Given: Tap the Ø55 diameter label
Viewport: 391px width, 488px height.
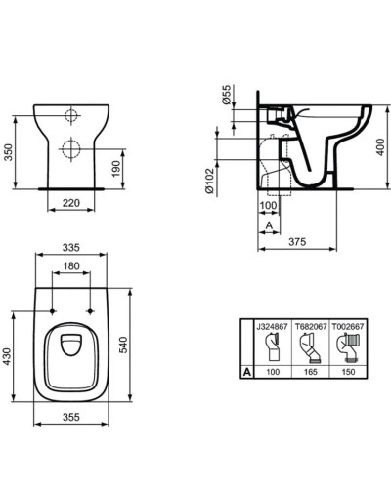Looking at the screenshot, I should click(226, 96).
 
